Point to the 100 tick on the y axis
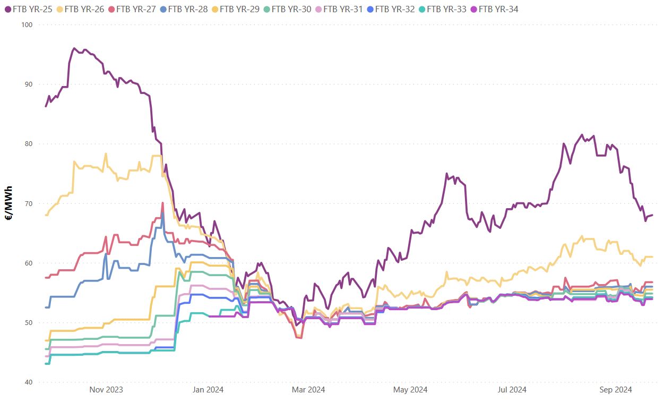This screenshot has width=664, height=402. [x=27, y=25]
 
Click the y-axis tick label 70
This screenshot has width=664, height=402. [x=29, y=203]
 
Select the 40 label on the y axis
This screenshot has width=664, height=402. [x=29, y=382]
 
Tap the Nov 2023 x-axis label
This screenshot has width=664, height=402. [x=106, y=390]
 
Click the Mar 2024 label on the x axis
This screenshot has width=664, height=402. [x=308, y=390]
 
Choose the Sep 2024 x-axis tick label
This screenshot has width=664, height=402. [x=615, y=390]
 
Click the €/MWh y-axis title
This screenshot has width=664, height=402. [x=10, y=203]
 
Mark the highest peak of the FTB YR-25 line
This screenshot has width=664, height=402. [x=74, y=48]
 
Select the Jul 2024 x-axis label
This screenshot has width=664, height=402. [x=512, y=390]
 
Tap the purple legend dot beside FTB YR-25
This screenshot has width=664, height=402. [x=7, y=9]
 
